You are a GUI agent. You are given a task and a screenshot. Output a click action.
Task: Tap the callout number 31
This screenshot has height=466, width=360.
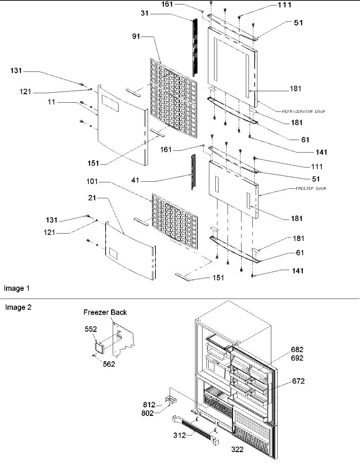[x=145, y=14]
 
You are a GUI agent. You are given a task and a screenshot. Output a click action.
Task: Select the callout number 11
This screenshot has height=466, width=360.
[x=51, y=102]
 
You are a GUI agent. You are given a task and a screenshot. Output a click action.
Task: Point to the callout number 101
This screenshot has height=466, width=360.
[x=92, y=182]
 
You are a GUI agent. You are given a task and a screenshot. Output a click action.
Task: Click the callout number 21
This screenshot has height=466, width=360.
[x=92, y=198]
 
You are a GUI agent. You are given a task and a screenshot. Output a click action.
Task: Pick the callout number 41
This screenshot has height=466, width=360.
[x=135, y=181]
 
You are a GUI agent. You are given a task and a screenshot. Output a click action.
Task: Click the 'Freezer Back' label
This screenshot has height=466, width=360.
[x=105, y=312]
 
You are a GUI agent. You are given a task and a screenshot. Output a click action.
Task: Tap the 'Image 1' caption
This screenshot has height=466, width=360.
[x=17, y=288]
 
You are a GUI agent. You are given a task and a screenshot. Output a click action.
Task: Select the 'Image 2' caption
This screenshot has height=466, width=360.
[x=18, y=307]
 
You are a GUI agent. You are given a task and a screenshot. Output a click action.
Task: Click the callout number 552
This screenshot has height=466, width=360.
[x=91, y=329]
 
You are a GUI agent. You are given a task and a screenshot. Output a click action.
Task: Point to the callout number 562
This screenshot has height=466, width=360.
[x=109, y=364]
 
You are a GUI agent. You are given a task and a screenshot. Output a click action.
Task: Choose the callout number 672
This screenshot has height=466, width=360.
[x=298, y=381]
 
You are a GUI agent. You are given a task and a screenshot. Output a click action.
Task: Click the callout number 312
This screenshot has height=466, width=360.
[x=179, y=435]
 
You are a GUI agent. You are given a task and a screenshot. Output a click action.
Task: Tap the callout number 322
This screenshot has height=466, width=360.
[x=237, y=450]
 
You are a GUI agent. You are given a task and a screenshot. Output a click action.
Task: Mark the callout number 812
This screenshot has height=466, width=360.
[x=149, y=405]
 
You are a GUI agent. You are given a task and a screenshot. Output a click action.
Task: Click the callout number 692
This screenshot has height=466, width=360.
[x=297, y=358]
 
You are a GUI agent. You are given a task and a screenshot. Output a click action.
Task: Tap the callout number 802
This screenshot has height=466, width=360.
[x=147, y=413]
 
